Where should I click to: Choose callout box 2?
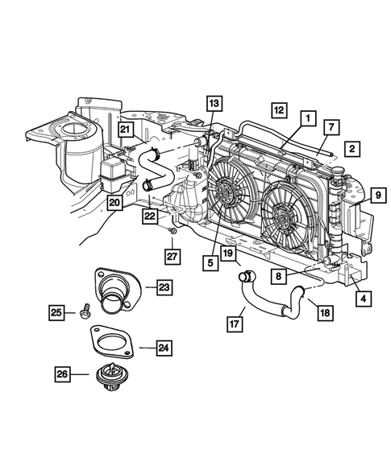pyautogui.click(x=351, y=148)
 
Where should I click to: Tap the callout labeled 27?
pyautogui.click(x=172, y=256)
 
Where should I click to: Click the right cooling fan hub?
pyautogui.click(x=282, y=216)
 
